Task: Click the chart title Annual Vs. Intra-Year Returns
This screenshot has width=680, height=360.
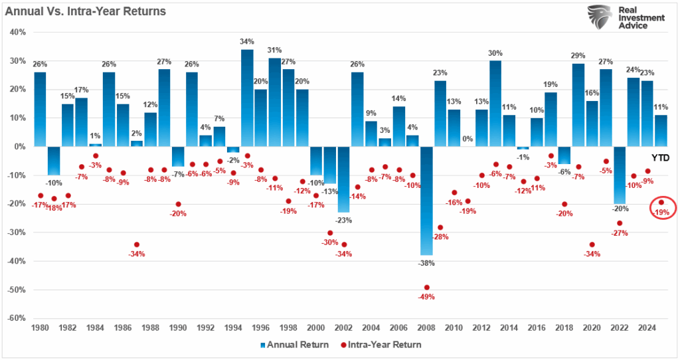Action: coord(85,11)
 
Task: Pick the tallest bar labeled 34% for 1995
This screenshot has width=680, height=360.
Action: coord(247,98)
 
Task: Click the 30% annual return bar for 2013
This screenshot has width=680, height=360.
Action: coord(495,103)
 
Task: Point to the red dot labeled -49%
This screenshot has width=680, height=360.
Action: coord(426,288)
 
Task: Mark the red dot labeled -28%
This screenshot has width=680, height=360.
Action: coord(440,228)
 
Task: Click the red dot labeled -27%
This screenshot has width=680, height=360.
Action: coord(619,223)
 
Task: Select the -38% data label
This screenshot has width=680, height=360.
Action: coord(426,263)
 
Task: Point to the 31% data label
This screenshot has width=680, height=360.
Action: coord(274,50)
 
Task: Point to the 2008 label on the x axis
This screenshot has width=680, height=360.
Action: coord(426,329)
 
